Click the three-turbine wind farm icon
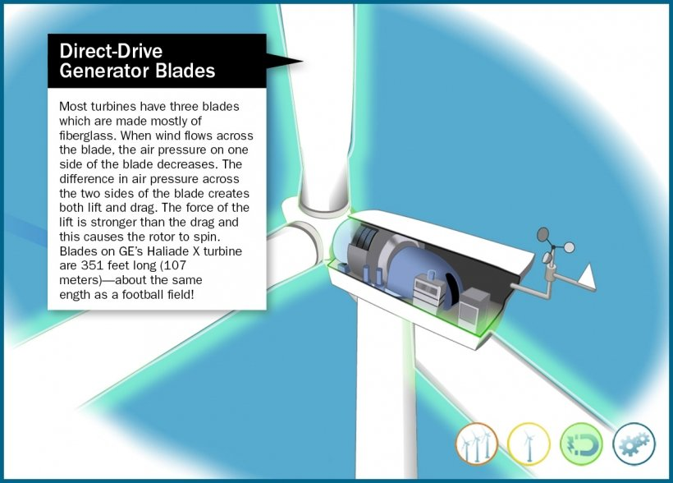pos(476,444)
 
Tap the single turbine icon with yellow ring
pos(529,444)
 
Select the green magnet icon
pos(581,444)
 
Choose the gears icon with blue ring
pos(634,444)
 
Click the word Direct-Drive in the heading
pos(111,51)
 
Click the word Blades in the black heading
pos(185,71)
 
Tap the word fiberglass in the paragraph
pos(88,136)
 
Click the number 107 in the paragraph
pos(175,265)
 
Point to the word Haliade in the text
pos(167,251)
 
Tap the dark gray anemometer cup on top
pos(543,234)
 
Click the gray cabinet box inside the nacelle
pos(474,306)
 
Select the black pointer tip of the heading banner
pos(302,61)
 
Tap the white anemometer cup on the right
pos(569,247)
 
